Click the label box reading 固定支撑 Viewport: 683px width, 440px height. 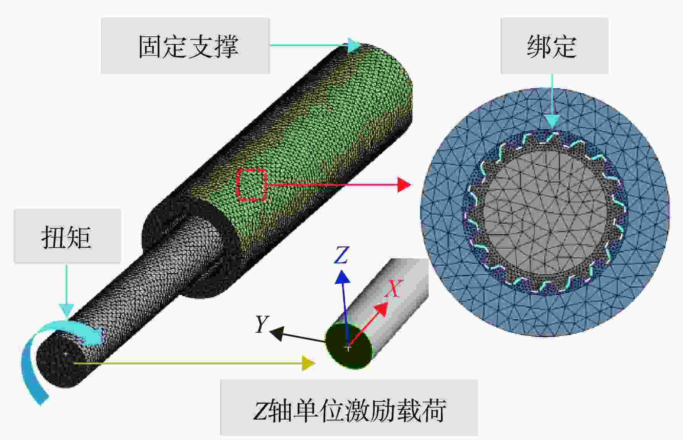tap(185, 46)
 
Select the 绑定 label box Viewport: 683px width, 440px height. tap(554, 46)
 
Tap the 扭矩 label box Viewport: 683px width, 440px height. tap(67, 236)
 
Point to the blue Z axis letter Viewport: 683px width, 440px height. tap(341, 255)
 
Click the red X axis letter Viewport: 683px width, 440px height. tap(393, 288)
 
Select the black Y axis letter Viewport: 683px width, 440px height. tap(262, 324)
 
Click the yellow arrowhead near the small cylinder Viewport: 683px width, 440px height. tap(309, 363)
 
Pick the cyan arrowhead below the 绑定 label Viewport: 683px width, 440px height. tap(552, 121)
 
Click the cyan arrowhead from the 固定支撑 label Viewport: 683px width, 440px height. tap(353, 45)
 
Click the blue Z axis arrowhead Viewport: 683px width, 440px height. tap(342, 277)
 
